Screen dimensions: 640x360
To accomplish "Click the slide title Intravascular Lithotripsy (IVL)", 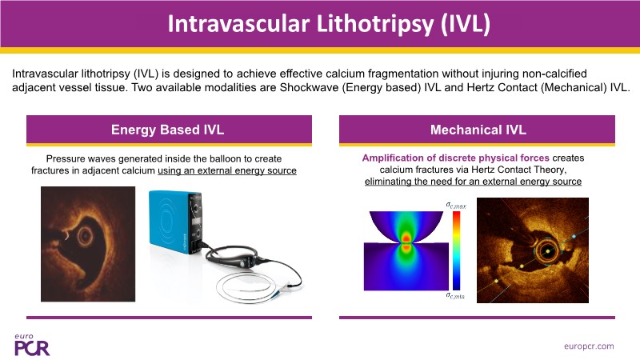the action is [329, 24].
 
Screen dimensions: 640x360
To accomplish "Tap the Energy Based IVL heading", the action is [168, 130].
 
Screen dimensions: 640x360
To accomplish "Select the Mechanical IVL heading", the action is [478, 130].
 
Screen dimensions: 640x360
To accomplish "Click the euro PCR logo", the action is [32, 345].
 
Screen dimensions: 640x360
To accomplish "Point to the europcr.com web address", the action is [589, 346].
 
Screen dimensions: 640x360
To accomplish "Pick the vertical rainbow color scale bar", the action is [456, 250].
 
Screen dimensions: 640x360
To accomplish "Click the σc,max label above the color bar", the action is [456, 205].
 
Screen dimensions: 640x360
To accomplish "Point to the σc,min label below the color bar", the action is [455, 295].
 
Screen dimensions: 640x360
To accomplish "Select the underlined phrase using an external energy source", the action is [227, 170].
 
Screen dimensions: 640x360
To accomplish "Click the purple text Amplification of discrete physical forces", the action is [455, 158].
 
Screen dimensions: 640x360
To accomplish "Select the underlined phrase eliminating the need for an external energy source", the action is [473, 182].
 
